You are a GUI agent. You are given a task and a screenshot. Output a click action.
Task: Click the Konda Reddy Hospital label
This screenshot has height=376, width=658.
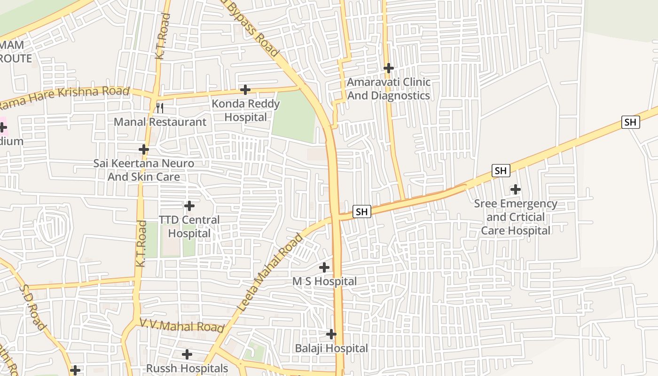coord(246,110)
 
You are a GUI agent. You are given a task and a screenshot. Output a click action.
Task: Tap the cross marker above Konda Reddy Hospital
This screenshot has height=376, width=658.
coord(245,89)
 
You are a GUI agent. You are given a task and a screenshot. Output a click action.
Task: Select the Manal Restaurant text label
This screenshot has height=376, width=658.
coord(160,122)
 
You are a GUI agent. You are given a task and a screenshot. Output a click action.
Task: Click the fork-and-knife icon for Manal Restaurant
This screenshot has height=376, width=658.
coord(160,108)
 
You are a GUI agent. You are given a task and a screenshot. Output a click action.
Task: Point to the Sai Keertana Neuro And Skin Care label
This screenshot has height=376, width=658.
coord(143,170)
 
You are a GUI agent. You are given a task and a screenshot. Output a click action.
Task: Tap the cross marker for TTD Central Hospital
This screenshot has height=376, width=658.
coord(189,206)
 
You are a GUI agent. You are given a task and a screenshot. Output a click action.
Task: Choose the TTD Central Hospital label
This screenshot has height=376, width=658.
coord(189,227)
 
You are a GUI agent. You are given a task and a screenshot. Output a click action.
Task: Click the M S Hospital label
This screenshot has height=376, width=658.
coord(325,282)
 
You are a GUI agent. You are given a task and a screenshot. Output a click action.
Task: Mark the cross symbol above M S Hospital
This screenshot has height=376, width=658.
coord(324,267)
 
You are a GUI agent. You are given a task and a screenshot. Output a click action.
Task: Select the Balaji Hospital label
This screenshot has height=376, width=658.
coord(331,348)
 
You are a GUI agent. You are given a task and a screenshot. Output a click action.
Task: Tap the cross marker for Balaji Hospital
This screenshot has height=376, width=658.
coord(331,334)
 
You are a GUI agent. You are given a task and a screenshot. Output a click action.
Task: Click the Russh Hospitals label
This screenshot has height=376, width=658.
coord(187,368)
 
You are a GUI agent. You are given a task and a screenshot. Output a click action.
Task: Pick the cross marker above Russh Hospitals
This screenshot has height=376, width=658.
coord(187,354)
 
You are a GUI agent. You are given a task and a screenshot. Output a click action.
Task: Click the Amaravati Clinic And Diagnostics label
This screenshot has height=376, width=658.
coord(388,89)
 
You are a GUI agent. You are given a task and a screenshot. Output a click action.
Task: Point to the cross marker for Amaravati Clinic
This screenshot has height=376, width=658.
coord(388,68)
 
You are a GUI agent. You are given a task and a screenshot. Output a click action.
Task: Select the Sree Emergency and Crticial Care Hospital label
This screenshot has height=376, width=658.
coord(516,217)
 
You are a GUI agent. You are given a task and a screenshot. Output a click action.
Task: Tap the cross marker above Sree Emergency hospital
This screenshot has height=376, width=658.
coord(516,189)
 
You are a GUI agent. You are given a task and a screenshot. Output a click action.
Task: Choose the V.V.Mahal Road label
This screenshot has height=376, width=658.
coord(182,325)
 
